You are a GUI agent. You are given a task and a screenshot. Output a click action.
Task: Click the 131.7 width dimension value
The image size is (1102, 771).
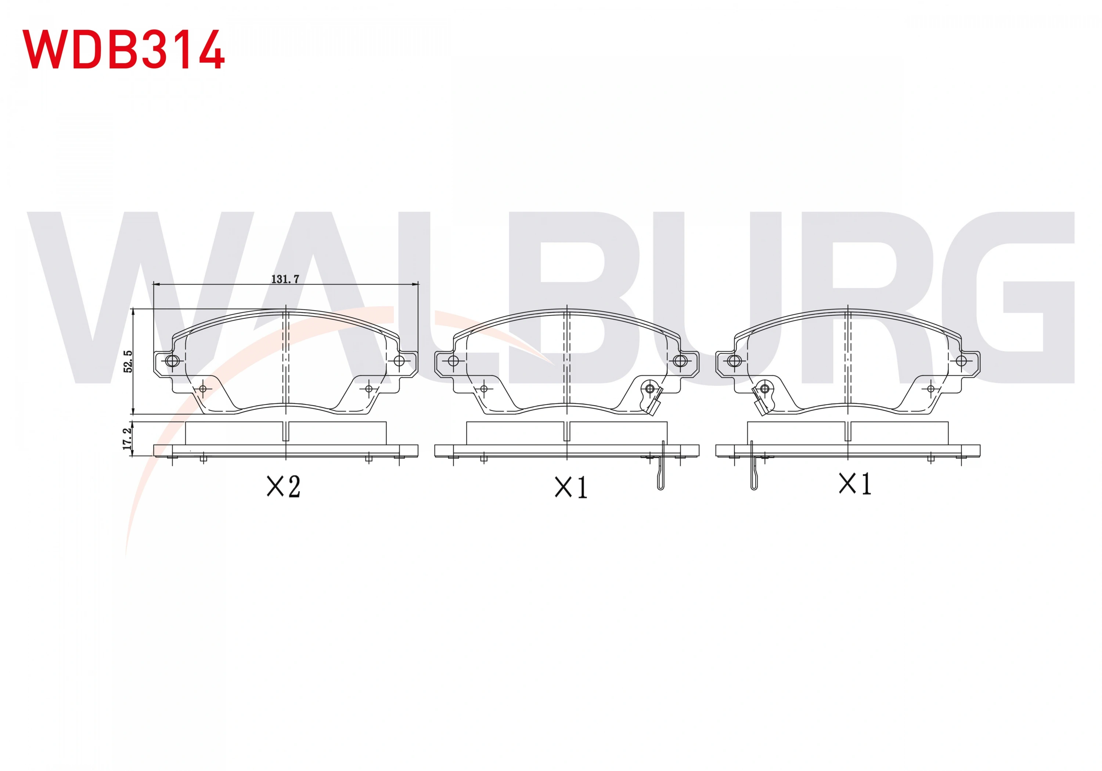tap(285, 279)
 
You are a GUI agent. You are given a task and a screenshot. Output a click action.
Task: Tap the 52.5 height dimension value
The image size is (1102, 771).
tap(128, 361)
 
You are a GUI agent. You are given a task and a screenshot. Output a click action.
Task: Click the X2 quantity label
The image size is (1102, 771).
tap(284, 486)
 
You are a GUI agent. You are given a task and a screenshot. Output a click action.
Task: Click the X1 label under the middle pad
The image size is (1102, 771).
tap(571, 488)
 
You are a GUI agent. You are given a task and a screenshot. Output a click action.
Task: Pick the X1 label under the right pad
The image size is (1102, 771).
tap(855, 484)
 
